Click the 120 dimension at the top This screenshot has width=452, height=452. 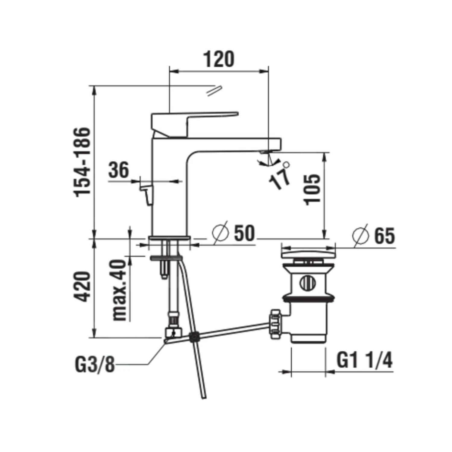[x=219, y=59]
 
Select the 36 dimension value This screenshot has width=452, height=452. [x=118, y=170]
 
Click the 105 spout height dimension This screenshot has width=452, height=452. [x=312, y=189]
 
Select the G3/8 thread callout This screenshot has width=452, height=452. [x=95, y=365]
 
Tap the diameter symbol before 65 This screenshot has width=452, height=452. [x=361, y=235]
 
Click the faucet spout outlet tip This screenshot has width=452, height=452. [x=265, y=152]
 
